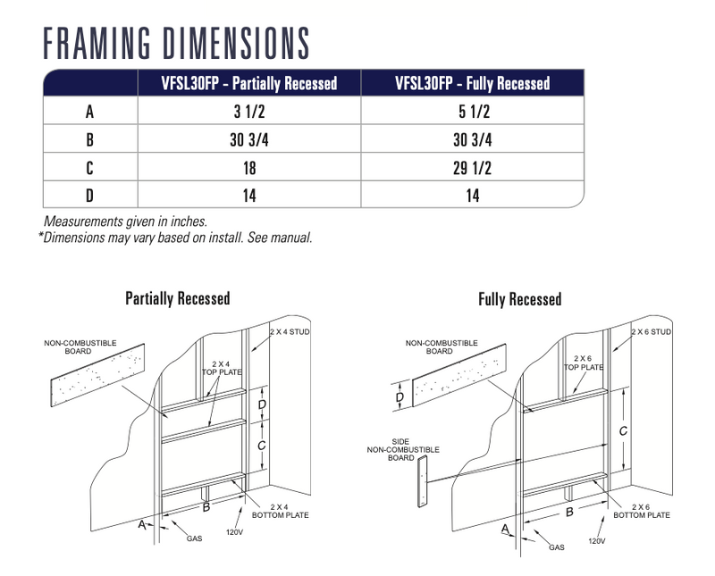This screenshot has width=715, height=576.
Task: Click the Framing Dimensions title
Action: [176, 43]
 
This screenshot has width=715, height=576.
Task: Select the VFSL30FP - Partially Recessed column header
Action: [249, 83]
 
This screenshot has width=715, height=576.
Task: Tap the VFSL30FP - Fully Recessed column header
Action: [473, 83]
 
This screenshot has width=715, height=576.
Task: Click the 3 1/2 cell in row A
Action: [249, 112]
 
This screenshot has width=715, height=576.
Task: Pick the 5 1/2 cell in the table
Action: [474, 112]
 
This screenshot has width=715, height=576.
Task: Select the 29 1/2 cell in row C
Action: [473, 168]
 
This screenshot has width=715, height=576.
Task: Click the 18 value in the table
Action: [249, 168]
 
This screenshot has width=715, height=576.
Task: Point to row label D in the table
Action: [90, 196]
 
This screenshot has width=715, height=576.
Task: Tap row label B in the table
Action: [90, 140]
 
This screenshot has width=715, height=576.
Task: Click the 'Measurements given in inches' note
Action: [125, 222]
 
